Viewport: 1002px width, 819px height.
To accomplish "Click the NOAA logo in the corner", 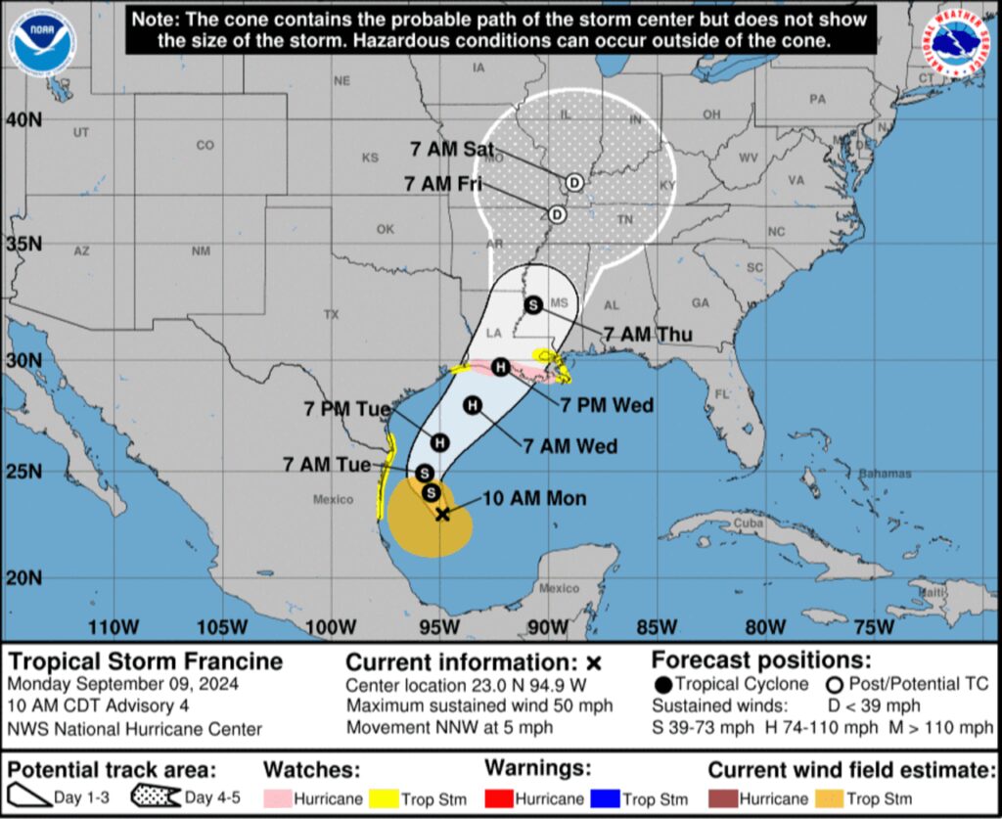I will coord(42,44).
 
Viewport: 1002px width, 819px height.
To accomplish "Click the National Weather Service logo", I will coord(959,43).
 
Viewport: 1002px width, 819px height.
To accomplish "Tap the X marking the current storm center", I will coord(442,513).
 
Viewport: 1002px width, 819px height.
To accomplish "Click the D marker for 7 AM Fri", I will coord(557,214).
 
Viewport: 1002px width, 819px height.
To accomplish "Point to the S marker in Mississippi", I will coord(533,304).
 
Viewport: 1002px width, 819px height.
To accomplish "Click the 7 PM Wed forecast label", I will coord(607,404).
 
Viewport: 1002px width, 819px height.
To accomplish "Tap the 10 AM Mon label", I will coord(534,498).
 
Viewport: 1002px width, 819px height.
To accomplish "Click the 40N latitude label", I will coord(24,119).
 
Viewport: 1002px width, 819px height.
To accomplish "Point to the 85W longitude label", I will coord(656,626).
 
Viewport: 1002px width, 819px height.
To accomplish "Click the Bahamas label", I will coord(885,474).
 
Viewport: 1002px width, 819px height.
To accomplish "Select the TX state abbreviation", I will coord(331,314).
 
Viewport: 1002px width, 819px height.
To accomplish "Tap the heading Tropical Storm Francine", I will coord(145,660).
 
